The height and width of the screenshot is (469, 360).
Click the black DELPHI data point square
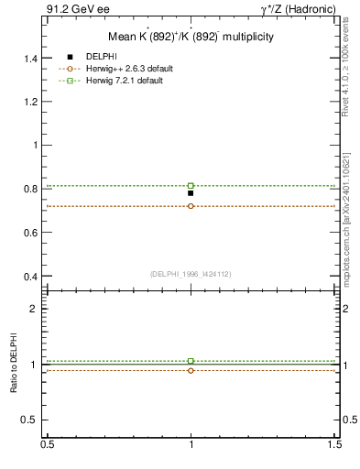191,193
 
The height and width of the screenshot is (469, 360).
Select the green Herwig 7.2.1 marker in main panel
191,186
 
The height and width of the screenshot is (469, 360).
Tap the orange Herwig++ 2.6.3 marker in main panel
191,206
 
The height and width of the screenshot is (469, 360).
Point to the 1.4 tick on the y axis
31,58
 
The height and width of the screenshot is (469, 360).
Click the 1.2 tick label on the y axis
31,102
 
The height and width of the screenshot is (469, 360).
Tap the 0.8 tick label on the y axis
31,189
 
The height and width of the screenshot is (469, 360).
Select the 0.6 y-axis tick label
31,233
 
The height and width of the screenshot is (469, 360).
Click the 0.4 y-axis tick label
31,276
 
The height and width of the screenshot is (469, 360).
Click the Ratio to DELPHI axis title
14,365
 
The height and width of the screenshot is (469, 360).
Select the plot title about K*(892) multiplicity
191,38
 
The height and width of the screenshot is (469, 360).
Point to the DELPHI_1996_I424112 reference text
191,273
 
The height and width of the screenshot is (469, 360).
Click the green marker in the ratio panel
191,361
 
